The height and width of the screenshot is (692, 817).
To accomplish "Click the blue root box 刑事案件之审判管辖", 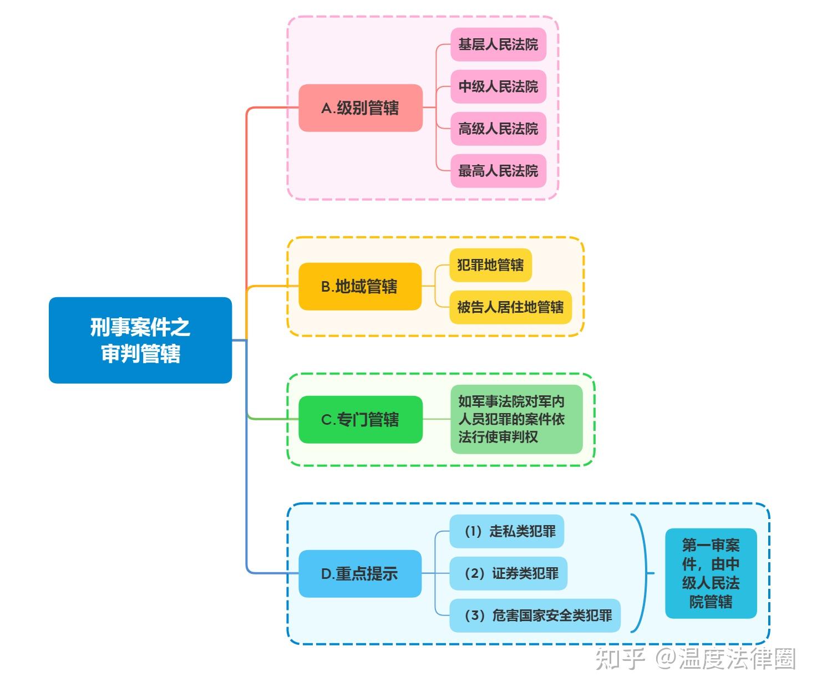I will [x=140, y=340].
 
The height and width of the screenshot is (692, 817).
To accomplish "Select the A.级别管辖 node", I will [x=361, y=108].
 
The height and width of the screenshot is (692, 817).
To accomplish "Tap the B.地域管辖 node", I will [x=360, y=286].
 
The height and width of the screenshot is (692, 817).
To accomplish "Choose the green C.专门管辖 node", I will [x=361, y=419].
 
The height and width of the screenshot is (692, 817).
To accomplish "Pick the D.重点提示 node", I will [x=360, y=573].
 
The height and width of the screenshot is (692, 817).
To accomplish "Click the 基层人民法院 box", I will [x=498, y=44].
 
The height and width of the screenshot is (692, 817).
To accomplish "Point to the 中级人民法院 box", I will [x=498, y=86].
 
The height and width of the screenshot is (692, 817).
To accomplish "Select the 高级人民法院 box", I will [x=498, y=129].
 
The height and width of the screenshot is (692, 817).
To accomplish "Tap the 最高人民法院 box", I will [x=498, y=171].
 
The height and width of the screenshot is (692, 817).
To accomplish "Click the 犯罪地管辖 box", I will [x=490, y=265].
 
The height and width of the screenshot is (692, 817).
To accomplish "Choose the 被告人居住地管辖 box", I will [x=510, y=307].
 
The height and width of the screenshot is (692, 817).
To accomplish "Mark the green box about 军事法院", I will [x=516, y=419].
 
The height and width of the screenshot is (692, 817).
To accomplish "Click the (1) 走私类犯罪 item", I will [x=507, y=531].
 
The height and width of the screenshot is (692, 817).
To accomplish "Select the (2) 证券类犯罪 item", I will [x=509, y=573].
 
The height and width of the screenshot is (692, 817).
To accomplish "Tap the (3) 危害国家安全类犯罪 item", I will [x=535, y=615].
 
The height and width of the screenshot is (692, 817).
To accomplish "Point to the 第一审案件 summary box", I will [x=711, y=573].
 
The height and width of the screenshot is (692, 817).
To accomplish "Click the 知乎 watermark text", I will [x=620, y=659].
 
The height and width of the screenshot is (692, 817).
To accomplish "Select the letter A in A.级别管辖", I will [x=327, y=108].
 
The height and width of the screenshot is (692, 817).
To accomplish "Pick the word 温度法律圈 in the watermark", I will [x=737, y=659].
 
